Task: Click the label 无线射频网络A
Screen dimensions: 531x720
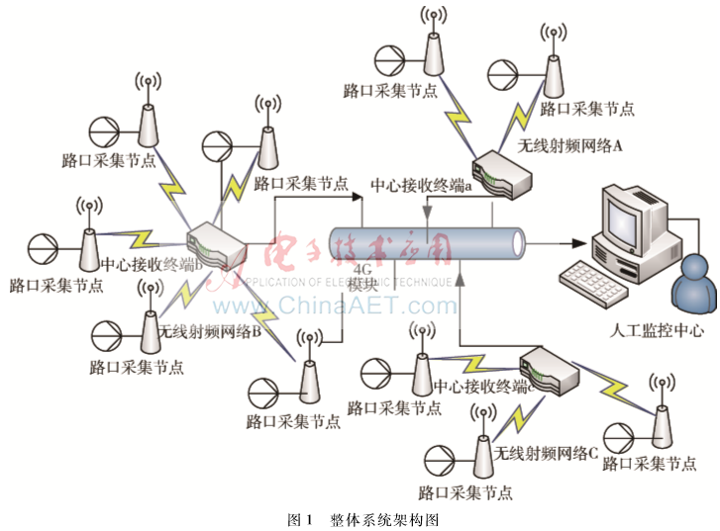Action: click(x=568, y=144)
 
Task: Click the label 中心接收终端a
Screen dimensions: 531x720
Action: click(x=419, y=185)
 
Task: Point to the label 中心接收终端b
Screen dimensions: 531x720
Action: click(x=154, y=264)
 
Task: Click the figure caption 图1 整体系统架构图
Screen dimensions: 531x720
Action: click(x=360, y=517)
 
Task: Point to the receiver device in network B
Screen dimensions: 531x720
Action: click(x=216, y=243)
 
